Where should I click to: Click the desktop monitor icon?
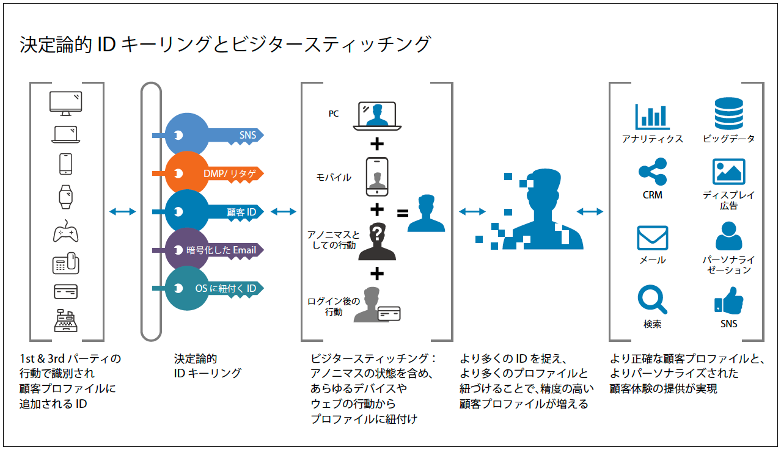tap(65, 103)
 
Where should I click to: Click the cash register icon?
tap(65, 320)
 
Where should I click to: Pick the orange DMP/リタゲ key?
tap(208, 174)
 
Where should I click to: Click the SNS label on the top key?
tap(248, 135)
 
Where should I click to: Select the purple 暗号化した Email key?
tap(208, 250)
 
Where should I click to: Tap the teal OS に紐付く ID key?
tap(208, 288)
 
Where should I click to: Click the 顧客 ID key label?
tap(241, 212)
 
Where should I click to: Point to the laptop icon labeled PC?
tap(377, 115)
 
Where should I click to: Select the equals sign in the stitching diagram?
tap(403, 214)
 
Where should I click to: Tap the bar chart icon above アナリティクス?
tap(652, 116)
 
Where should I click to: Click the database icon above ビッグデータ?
tap(728, 114)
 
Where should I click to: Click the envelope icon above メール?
tap(652, 238)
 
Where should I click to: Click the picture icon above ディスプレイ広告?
tap(728, 172)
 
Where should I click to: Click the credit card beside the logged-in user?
tap(389, 313)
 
